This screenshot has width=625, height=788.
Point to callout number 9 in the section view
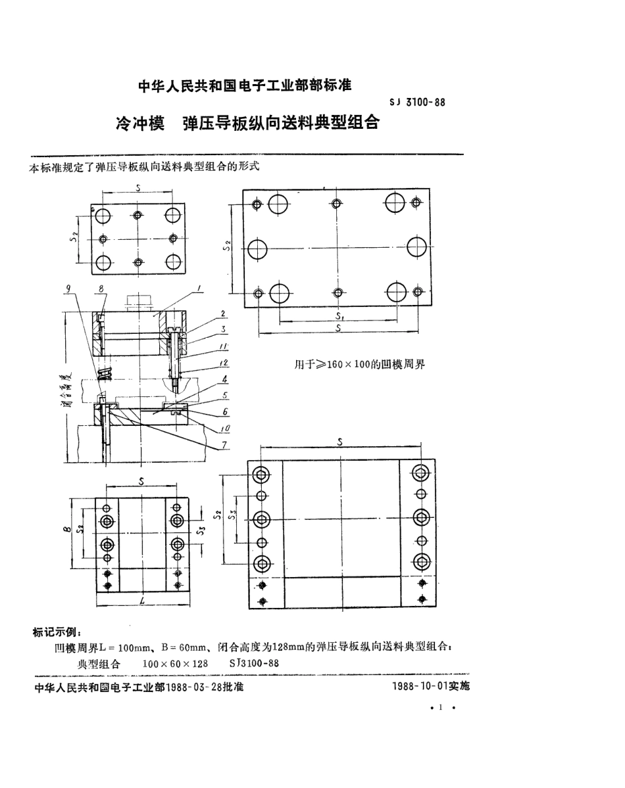coord(68,287)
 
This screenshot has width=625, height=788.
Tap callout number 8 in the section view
coord(101,288)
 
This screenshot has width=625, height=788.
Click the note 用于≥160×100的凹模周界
coord(359,363)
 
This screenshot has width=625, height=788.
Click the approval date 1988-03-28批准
coord(205,687)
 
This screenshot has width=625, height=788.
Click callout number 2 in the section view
coord(223,313)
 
